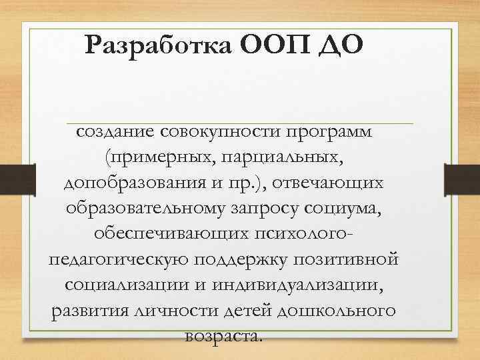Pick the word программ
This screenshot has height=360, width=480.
[x=329, y=133]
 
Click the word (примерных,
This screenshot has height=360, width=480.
[x=155, y=159]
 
